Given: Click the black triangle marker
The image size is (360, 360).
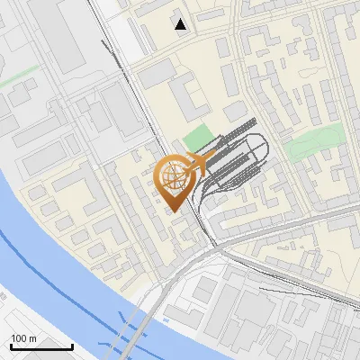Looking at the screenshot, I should pos(182,24).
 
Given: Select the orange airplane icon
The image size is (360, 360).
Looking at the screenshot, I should pos(202,163).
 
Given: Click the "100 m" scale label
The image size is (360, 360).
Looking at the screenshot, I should pos(23,337).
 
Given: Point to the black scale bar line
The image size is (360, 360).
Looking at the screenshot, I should pos(40,346).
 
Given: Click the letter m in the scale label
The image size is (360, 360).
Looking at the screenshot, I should pos(32,337).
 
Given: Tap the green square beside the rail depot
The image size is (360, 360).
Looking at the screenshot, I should pos(199,139).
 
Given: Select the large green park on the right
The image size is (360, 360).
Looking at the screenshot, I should pos(317,140).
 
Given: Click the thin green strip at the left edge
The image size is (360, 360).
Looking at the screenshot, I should pos(18,80).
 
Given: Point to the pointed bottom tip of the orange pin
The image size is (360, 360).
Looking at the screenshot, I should pos(175,210).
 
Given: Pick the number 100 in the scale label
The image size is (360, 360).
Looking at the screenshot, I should pos(19,337).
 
